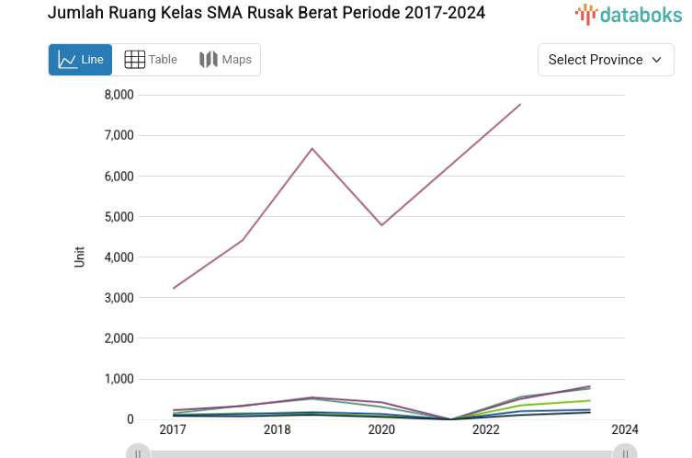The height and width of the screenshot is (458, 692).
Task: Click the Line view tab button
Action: (x=81, y=60)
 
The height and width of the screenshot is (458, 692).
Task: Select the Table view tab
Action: (x=151, y=60)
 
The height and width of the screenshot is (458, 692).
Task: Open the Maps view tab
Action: (x=225, y=60)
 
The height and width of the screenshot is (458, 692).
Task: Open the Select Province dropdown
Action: (x=605, y=60)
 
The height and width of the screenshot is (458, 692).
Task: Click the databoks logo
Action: (x=629, y=14)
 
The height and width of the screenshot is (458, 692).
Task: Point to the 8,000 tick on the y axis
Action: (x=119, y=95)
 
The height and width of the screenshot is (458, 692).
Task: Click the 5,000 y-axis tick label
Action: (x=119, y=217)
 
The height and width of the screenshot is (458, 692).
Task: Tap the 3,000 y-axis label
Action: (x=119, y=298)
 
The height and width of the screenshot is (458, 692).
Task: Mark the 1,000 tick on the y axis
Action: (x=119, y=379)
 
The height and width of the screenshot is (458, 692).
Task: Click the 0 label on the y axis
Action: (x=130, y=419)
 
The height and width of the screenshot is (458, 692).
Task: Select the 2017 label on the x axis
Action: (x=173, y=430)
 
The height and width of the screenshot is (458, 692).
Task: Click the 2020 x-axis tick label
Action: (x=381, y=430)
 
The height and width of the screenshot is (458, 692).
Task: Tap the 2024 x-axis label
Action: (x=625, y=430)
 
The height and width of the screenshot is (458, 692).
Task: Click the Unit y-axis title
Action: (x=79, y=257)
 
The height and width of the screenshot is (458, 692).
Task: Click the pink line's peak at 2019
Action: (x=312, y=148)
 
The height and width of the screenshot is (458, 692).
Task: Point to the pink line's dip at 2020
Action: (x=381, y=225)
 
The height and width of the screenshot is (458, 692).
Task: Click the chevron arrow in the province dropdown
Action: (x=656, y=60)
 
